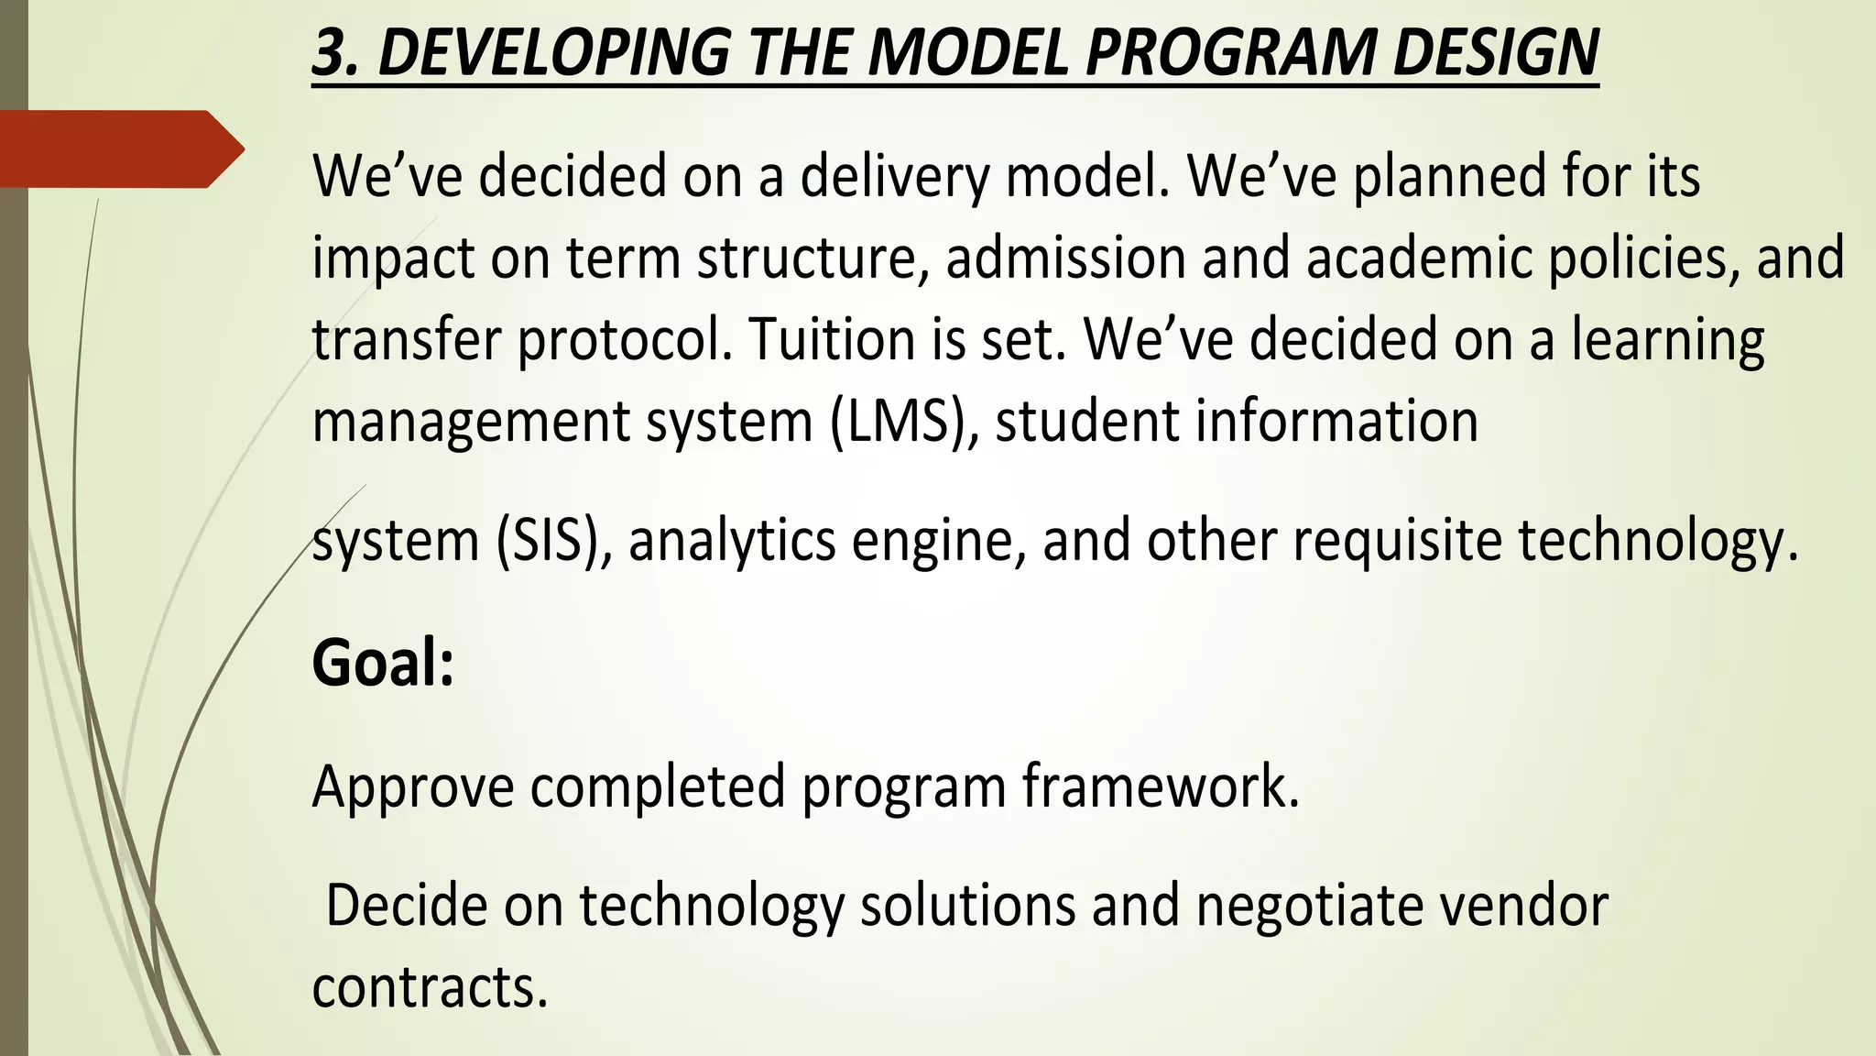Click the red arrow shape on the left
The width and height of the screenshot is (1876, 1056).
pyautogui.click(x=119, y=149)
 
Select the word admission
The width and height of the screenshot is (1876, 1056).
pyautogui.click(x=1065, y=258)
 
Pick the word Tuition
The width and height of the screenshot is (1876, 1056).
pyautogui.click(x=832, y=339)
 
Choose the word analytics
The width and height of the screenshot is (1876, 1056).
pyautogui.click(x=731, y=541)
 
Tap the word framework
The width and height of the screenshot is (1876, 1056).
pyautogui.click(x=1160, y=786)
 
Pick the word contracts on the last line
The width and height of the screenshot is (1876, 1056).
pyautogui.click(x=430, y=987)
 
